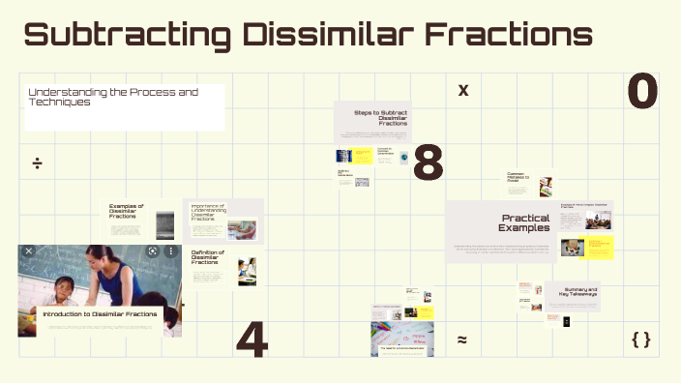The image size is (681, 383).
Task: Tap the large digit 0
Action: pos(642,92)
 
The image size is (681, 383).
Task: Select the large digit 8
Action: pos(428,163)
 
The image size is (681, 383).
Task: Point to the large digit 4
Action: pos(252,339)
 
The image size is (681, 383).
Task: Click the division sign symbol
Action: pos(37,162)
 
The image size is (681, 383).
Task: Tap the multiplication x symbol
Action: pos(463,91)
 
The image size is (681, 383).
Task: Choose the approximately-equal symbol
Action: pos(462,339)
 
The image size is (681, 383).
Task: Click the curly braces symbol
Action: pos(640,339)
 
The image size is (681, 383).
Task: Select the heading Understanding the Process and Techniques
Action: pos(113,97)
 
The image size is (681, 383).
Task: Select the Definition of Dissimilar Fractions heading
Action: pos(208,257)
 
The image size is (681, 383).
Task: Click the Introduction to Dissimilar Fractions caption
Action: pos(100,314)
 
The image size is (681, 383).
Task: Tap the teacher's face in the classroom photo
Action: pos(102,260)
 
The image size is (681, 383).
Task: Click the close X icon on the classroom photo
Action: pos(29,251)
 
